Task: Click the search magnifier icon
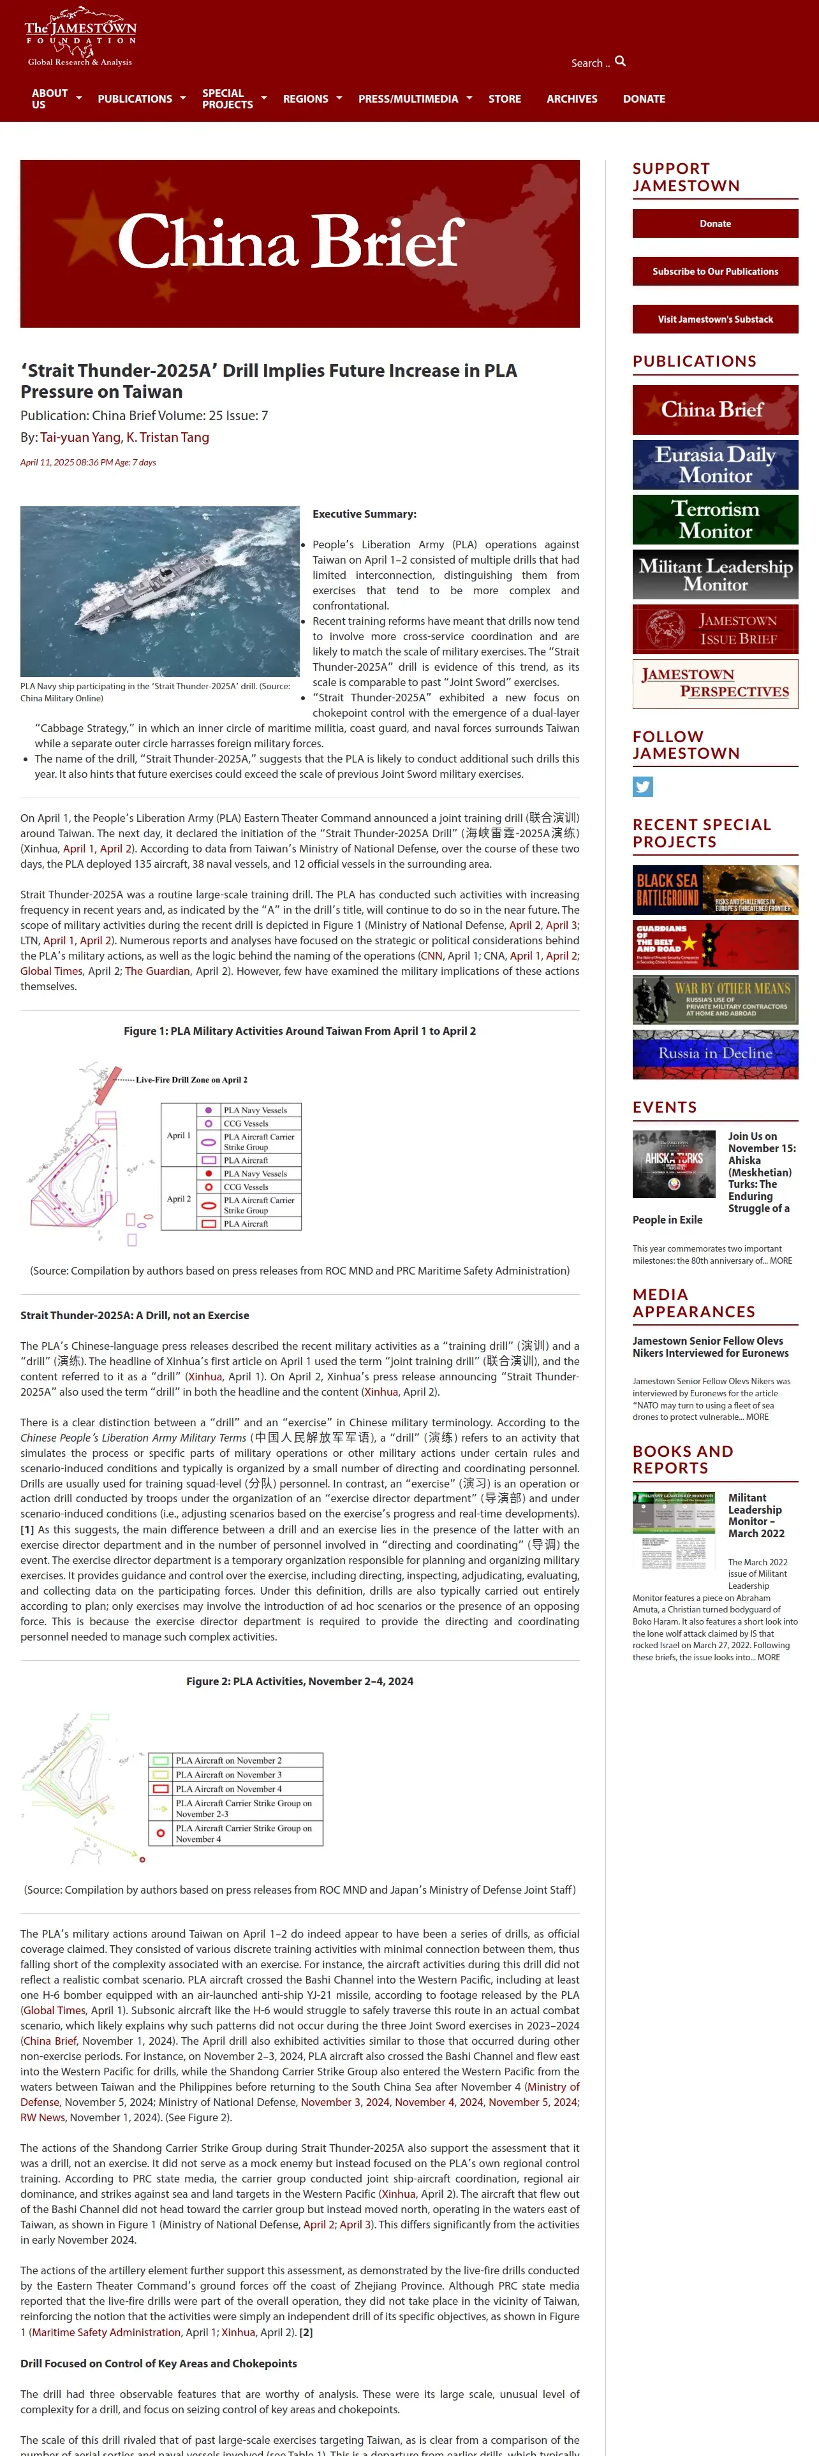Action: click(621, 61)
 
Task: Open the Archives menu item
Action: click(571, 99)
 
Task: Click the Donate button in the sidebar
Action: click(715, 223)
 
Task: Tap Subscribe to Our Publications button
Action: click(715, 272)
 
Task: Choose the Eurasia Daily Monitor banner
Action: click(715, 464)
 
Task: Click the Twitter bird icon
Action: click(642, 787)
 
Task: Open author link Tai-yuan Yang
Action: click(80, 437)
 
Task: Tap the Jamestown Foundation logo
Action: click(80, 38)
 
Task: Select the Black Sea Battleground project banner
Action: click(715, 889)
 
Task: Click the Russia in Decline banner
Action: click(715, 1053)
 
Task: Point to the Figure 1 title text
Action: click(299, 1030)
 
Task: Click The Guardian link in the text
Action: click(158, 970)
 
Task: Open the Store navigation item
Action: click(505, 99)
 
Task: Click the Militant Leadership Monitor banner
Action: click(715, 574)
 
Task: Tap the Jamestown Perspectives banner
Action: click(715, 683)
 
